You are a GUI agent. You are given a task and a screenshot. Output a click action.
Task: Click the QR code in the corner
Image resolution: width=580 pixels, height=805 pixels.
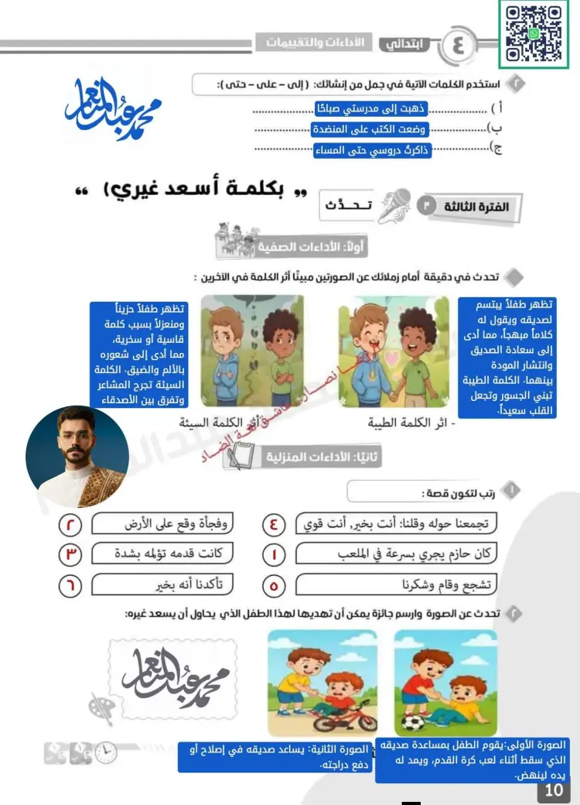tap(534, 34)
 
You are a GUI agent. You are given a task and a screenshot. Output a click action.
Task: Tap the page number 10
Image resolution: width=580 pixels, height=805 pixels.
tap(554, 790)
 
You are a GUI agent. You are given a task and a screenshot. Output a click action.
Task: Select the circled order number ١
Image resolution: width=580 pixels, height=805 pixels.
tap(275, 554)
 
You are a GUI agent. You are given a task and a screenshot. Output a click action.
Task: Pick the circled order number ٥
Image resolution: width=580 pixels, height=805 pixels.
tap(275, 586)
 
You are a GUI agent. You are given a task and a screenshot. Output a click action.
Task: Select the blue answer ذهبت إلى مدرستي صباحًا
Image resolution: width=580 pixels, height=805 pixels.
tap(372, 109)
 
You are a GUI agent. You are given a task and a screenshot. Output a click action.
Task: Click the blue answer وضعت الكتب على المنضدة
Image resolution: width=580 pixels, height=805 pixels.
tap(370, 130)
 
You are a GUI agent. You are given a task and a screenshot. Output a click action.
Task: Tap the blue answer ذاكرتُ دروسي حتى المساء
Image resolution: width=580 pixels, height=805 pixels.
tap(372, 151)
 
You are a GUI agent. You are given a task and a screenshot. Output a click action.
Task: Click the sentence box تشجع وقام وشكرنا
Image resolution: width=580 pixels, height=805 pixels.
tap(396, 585)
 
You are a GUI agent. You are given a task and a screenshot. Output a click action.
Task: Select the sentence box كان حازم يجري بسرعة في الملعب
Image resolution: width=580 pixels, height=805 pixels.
tap(396, 554)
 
